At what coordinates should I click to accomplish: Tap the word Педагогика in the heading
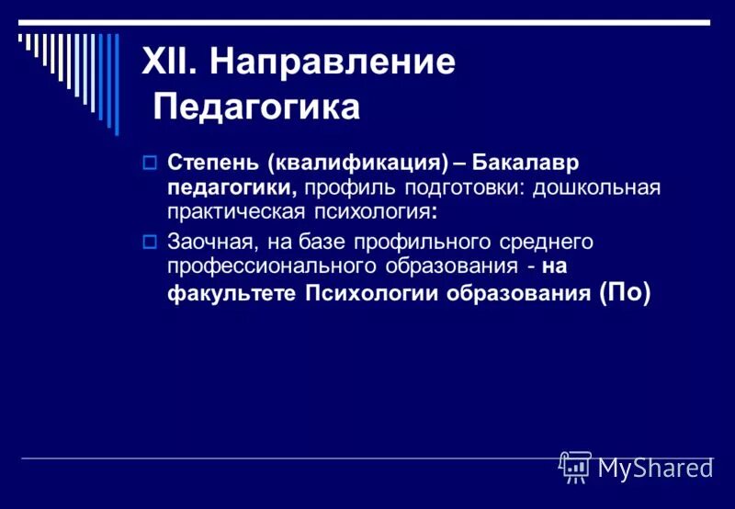[256, 107]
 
